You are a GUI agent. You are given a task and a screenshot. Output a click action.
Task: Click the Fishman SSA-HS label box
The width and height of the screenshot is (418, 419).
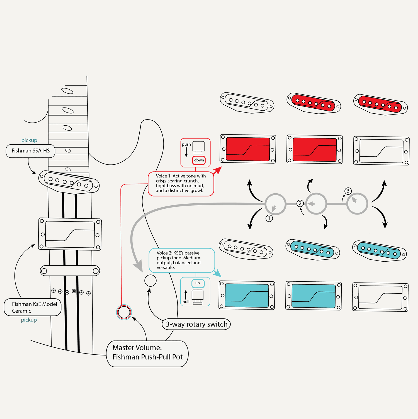click(30, 151)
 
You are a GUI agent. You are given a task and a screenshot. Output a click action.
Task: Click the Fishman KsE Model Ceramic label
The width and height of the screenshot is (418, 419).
click(33, 307)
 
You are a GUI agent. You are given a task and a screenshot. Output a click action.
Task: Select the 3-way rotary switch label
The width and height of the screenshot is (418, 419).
click(196, 324)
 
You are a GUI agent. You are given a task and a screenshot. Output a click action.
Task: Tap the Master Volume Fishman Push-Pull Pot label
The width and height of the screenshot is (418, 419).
click(147, 352)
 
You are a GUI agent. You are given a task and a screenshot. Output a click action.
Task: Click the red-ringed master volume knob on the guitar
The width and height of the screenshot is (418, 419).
click(124, 312)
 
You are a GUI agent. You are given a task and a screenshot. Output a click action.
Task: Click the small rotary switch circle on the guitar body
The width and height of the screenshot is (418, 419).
click(150, 281)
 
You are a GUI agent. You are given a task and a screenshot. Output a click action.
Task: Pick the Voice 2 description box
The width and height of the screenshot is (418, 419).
click(182, 260)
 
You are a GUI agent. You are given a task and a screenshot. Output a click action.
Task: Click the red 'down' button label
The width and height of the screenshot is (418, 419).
click(199, 160)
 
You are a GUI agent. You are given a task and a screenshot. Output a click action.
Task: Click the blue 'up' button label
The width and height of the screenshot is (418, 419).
click(198, 283)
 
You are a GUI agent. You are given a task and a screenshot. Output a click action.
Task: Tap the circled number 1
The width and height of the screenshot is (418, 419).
click(269, 218)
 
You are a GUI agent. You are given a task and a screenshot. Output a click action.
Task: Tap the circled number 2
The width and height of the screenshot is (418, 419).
click(300, 203)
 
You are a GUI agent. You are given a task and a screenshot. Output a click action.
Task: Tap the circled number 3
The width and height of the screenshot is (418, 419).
click(348, 191)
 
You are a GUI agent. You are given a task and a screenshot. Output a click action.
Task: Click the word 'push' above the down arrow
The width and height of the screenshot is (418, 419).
click(186, 144)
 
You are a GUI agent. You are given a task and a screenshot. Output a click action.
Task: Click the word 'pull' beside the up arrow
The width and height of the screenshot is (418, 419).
click(186, 302)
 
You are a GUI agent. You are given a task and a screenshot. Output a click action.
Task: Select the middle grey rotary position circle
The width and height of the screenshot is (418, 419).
click(316, 204)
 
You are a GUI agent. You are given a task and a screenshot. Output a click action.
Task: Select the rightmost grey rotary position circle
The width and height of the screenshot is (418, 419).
click(357, 204)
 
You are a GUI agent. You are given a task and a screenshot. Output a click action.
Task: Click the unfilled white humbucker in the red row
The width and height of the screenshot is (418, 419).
click(381, 151)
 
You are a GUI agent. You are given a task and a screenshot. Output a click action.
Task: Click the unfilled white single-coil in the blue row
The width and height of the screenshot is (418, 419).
click(246, 249)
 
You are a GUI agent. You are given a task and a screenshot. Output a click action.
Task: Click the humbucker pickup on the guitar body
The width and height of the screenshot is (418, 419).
click(70, 234)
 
